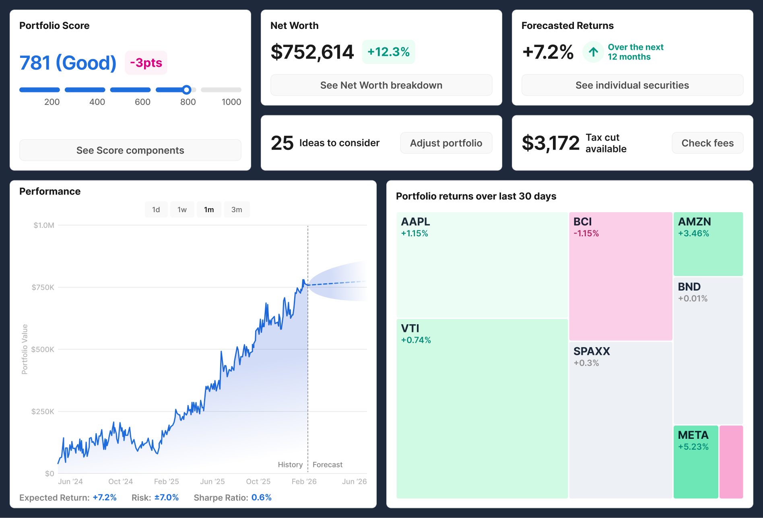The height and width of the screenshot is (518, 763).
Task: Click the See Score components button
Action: tap(130, 150)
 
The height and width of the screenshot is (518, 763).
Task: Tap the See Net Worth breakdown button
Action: tap(381, 85)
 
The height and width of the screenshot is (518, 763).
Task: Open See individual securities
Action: tap(632, 85)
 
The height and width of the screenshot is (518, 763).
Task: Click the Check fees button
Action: tap(707, 143)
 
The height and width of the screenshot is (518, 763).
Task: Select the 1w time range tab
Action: tap(182, 210)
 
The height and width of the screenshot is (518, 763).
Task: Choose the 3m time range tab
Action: tap(237, 210)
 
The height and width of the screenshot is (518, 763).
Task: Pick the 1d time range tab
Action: tap(156, 210)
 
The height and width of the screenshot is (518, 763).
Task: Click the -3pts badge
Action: tap(146, 63)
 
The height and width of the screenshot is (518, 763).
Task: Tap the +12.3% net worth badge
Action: tap(388, 52)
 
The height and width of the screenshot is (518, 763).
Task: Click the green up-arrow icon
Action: tap(593, 52)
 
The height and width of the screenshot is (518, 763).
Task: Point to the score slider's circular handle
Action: tap(186, 90)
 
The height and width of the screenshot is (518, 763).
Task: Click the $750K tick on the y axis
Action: tap(43, 287)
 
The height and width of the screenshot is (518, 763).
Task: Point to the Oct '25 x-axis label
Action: tap(258, 481)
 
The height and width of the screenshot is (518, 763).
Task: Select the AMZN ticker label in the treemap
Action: tap(694, 221)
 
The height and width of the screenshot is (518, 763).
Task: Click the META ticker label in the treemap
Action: tap(693, 435)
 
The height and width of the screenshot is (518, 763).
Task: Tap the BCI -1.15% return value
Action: tap(586, 233)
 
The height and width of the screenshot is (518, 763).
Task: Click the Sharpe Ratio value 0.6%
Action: tap(261, 498)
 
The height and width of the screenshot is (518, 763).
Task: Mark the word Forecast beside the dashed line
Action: tap(327, 465)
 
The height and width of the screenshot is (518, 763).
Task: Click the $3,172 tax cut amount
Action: tap(551, 143)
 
